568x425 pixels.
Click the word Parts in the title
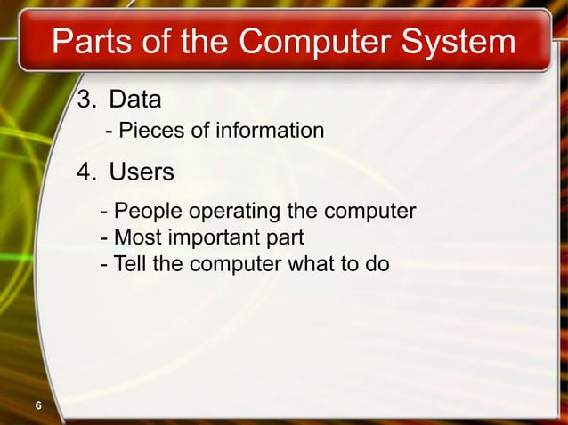tap(92, 42)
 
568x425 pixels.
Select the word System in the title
tap(456, 42)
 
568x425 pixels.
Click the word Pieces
tap(150, 132)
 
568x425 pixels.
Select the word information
tap(269, 132)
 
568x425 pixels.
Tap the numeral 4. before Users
tap(88, 172)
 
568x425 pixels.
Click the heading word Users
tap(142, 172)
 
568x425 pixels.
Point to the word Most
tap(139, 238)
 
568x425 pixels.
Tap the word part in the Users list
tap(283, 238)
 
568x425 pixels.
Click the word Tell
tap(132, 264)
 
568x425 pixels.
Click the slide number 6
tap(38, 406)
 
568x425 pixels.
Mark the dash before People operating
tap(106, 212)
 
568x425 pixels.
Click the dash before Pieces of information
tap(110, 132)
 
